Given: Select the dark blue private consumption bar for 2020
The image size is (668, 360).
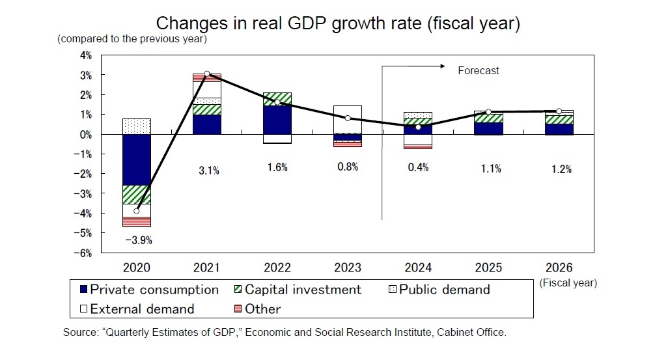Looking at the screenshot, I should click(137, 159).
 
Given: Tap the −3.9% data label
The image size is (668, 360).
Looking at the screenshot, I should click(137, 240).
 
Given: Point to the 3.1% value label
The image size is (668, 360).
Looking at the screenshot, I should click(208, 171).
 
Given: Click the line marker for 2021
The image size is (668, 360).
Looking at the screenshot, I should click(207, 74).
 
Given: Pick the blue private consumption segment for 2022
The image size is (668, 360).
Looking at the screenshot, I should click(278, 119).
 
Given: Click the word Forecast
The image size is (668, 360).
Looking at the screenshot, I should click(479, 70).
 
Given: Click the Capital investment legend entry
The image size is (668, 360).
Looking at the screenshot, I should click(298, 290).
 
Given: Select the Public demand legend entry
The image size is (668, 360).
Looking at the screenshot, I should click(440, 290).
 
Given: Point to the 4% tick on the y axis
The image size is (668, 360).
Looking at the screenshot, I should click(85, 55).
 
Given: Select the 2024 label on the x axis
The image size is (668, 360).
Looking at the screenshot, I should click(419, 268).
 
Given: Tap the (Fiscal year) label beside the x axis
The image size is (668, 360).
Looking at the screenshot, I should click(568, 283).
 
